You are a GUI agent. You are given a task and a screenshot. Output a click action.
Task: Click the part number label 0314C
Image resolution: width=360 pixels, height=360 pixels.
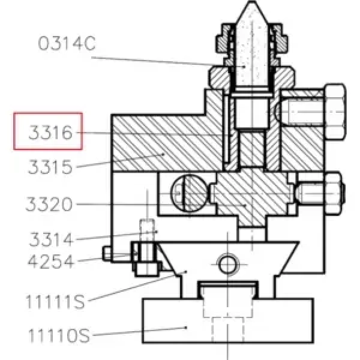[67, 43]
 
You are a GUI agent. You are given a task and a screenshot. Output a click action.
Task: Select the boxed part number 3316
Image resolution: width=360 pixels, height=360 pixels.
[50, 133]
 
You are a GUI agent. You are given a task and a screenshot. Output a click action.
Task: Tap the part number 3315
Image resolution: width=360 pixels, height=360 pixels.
[50, 167]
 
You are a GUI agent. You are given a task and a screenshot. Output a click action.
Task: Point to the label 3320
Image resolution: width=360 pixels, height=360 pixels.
[49, 204]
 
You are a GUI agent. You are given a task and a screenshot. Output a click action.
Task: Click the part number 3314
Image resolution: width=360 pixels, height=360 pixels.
[51, 239]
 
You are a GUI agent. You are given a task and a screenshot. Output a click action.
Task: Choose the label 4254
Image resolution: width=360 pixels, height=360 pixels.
[51, 261]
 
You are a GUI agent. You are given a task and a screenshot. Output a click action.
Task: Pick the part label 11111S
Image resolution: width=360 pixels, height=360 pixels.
[55, 301]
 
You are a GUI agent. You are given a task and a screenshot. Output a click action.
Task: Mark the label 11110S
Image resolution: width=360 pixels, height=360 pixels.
[59, 335]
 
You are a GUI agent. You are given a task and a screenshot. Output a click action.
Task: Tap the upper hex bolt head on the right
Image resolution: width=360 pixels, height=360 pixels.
[335, 112]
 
